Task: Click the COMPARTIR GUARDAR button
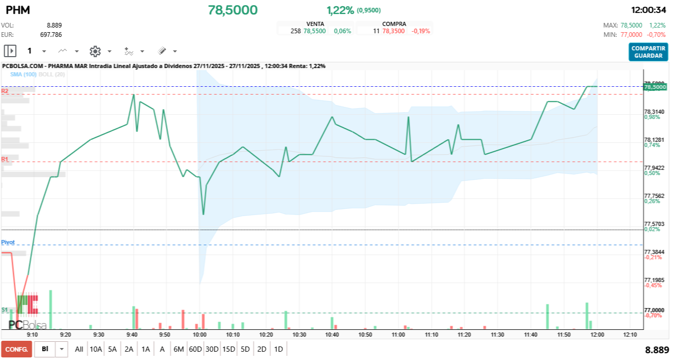pos(648,52)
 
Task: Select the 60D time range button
pos(195,349)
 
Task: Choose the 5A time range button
pos(112,349)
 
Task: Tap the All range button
pos(79,349)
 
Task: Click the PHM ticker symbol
pos(18,10)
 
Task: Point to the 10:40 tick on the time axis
pos(332,335)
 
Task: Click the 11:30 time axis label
pos(497,335)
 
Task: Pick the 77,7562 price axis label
pos(654,196)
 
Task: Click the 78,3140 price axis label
pos(654,112)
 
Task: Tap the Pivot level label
pos(8,242)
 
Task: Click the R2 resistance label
pos(5,91)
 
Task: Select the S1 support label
pos(5,310)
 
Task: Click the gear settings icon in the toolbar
pos(95,51)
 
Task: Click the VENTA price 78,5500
pos(315,31)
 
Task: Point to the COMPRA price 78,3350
pos(393,31)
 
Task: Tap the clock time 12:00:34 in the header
pos(648,10)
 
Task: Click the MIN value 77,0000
pos(631,34)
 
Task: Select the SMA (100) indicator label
pos(23,75)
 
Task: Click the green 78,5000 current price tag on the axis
pos(655,87)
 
